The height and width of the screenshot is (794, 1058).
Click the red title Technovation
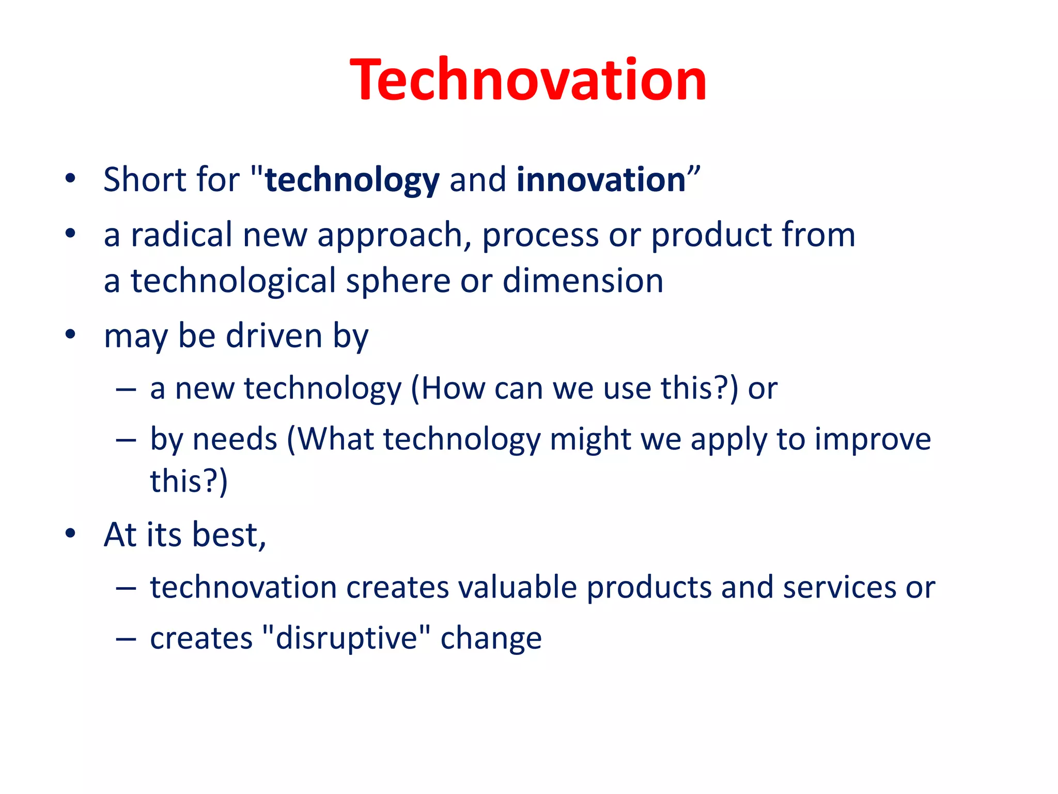tap(528, 80)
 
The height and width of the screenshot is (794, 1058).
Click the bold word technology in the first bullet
tap(352, 180)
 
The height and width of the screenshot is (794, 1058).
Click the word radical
tap(181, 235)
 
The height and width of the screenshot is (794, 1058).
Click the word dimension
tap(583, 281)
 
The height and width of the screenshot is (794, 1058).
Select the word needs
tap(235, 439)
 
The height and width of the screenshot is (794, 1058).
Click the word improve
tap(873, 440)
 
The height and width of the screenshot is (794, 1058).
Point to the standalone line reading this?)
tap(189, 481)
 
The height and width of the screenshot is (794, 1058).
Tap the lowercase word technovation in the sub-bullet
tap(243, 587)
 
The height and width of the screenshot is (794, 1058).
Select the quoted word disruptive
tap(346, 638)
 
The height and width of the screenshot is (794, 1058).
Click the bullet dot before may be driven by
tap(71, 334)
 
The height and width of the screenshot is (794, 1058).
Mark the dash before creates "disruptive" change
tap(126, 639)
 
